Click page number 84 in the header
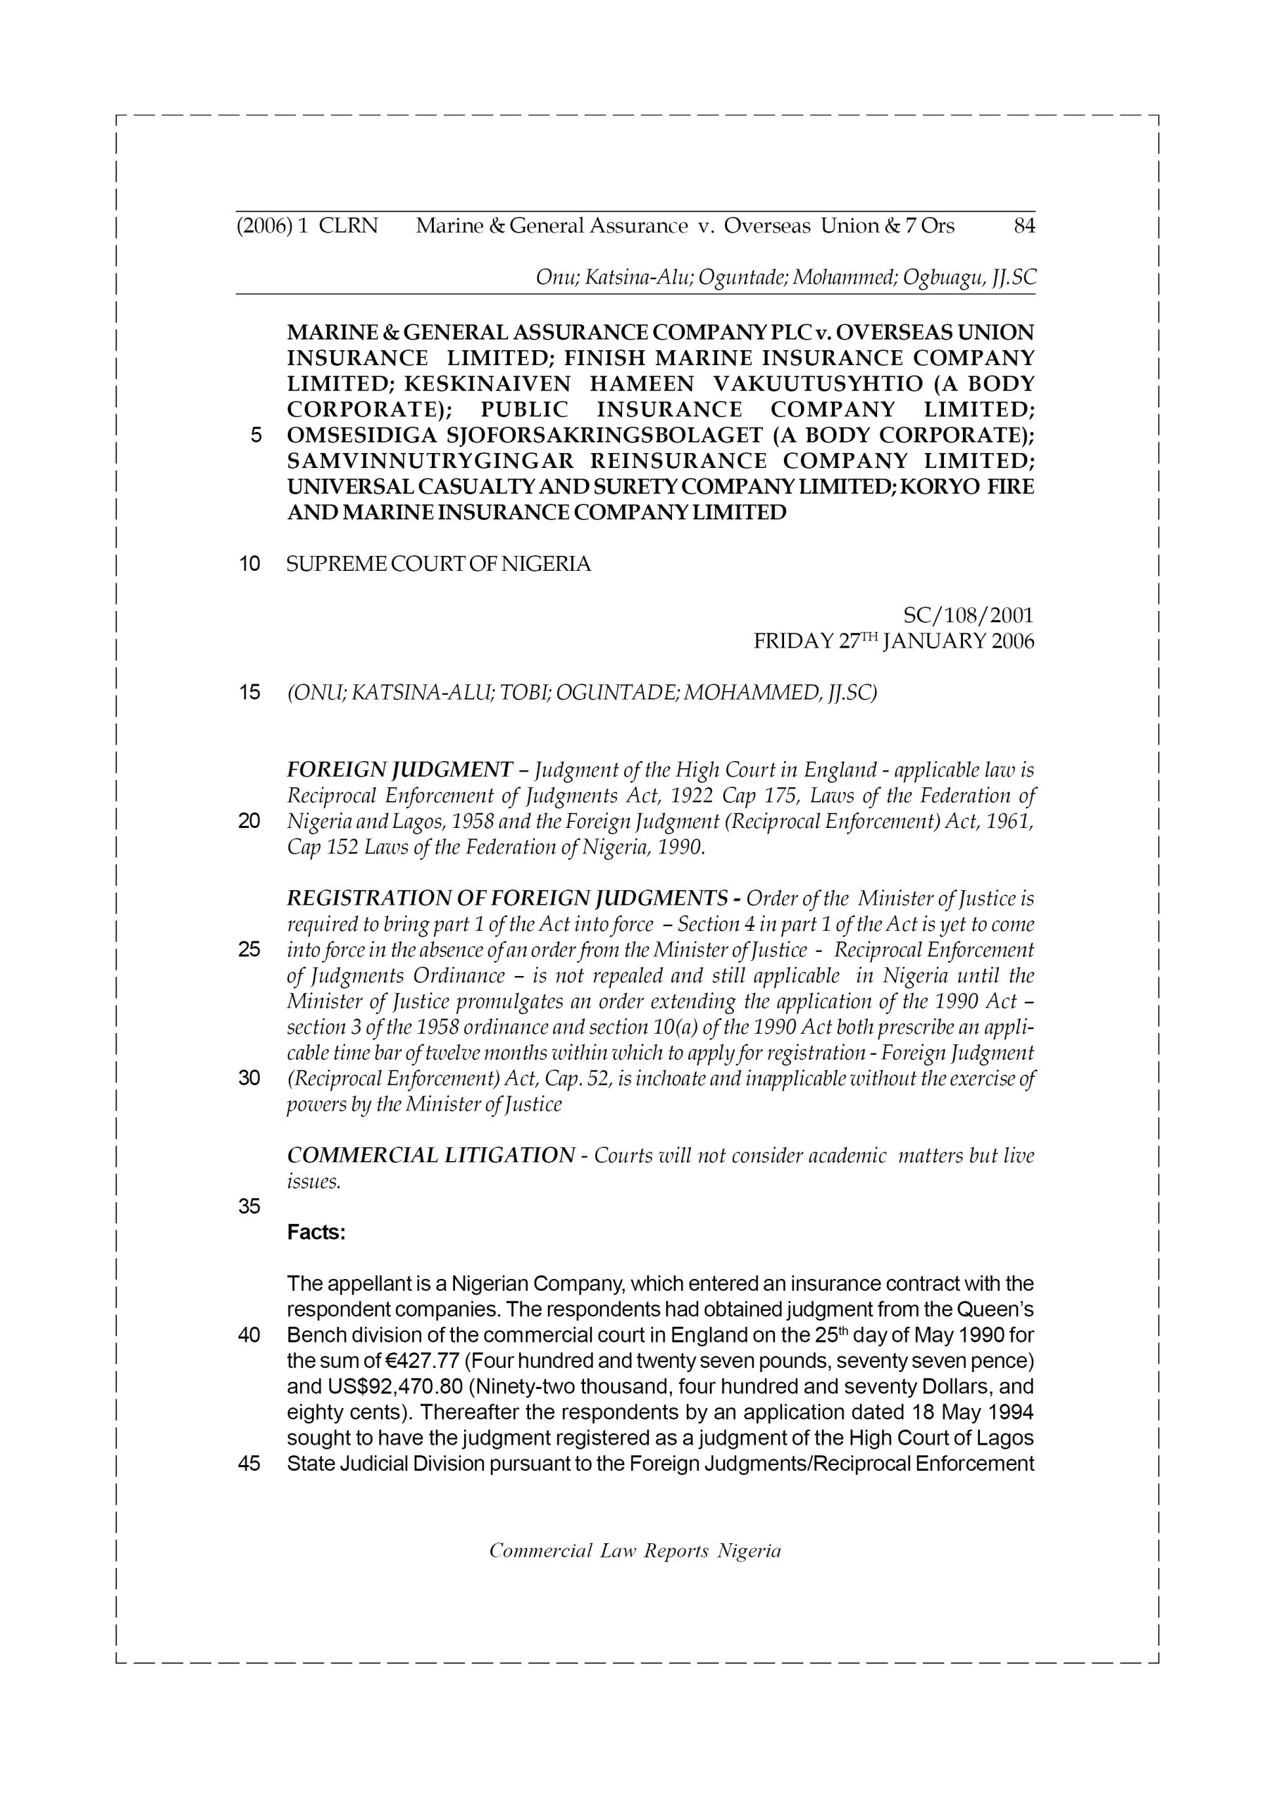click(1024, 226)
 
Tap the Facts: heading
click(316, 1232)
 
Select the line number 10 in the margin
click(249, 564)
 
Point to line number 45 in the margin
click(249, 1464)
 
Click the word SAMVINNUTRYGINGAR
click(430, 461)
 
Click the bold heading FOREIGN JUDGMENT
click(400, 770)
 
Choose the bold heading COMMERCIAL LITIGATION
click(430, 1156)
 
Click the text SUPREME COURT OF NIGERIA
click(438, 564)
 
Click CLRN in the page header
click(348, 226)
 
